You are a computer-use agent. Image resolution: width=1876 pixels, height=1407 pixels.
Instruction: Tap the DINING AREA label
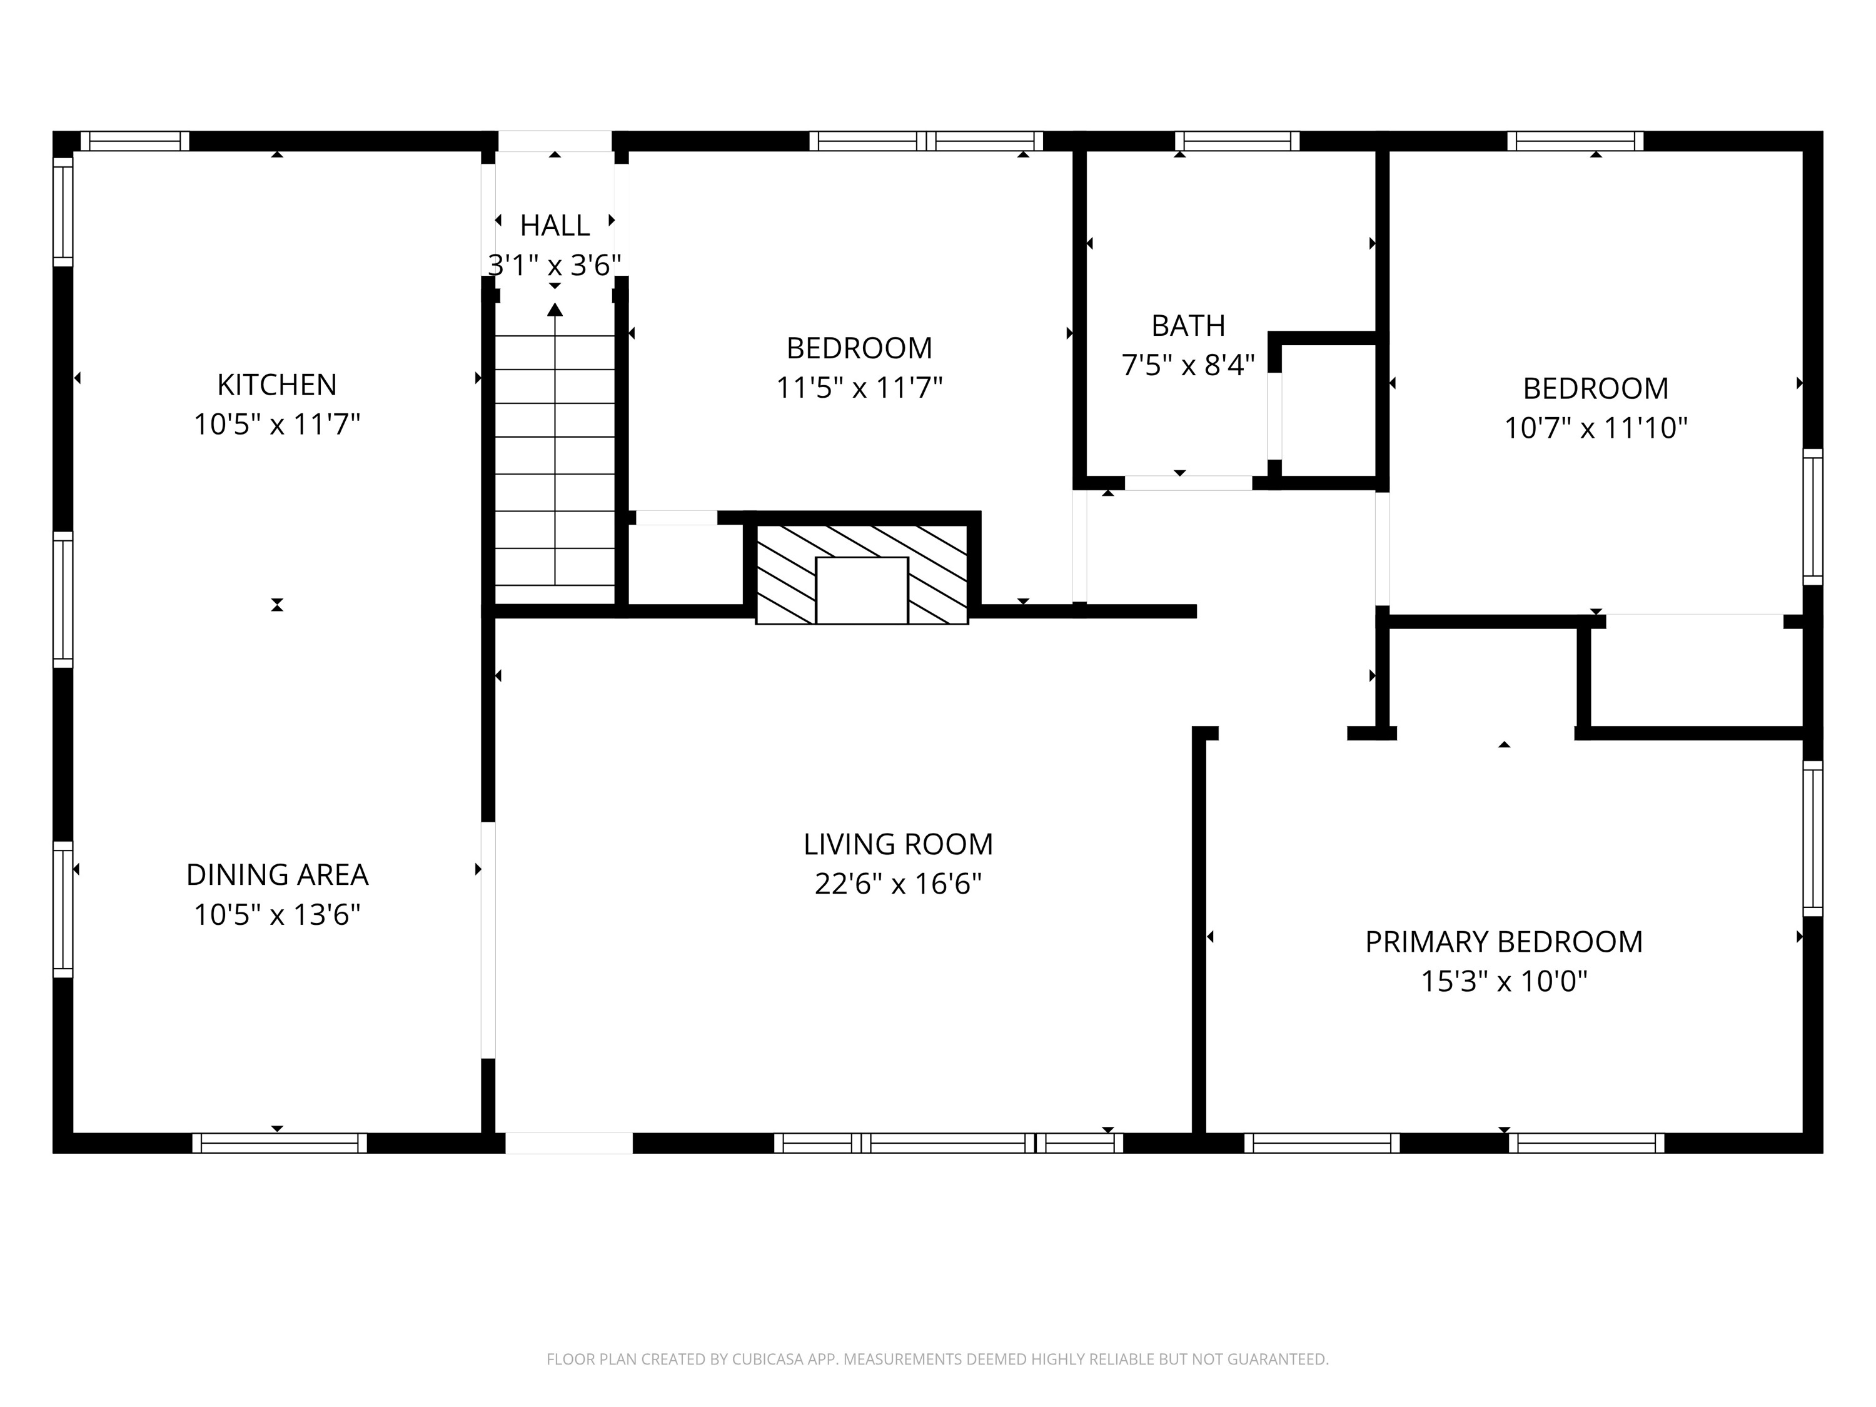click(x=276, y=874)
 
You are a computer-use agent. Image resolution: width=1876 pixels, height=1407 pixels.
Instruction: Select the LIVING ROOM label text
click(x=897, y=844)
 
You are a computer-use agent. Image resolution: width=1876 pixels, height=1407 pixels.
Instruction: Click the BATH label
click(x=1188, y=326)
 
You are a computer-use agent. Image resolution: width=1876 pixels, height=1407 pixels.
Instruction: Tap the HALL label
click(x=555, y=226)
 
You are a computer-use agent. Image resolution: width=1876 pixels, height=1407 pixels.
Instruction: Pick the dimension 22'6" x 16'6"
click(x=897, y=884)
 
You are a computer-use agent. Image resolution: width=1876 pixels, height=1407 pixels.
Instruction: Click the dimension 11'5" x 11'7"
click(x=859, y=388)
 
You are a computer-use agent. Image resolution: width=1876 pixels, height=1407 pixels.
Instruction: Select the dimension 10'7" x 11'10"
click(x=1595, y=428)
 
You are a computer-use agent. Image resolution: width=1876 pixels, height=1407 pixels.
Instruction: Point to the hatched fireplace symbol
click(x=861, y=574)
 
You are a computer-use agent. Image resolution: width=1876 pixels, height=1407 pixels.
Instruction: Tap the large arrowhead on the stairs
click(x=555, y=310)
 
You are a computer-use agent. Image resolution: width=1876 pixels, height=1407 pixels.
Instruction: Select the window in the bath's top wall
click(x=1236, y=141)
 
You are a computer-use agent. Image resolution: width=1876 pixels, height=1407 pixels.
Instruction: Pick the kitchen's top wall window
click(x=135, y=141)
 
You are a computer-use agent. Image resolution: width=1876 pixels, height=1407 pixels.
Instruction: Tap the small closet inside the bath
click(x=1328, y=411)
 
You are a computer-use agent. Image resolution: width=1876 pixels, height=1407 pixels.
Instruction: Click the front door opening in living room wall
click(x=569, y=1143)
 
